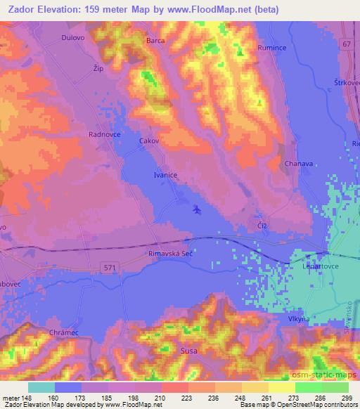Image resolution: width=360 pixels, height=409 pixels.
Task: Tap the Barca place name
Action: (155, 41)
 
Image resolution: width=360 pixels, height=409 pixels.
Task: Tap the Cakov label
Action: (150, 141)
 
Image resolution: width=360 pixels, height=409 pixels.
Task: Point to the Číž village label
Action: (261, 225)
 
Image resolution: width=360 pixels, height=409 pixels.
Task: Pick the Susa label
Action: (188, 349)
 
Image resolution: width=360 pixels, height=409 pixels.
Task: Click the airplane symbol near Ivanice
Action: (196, 209)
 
